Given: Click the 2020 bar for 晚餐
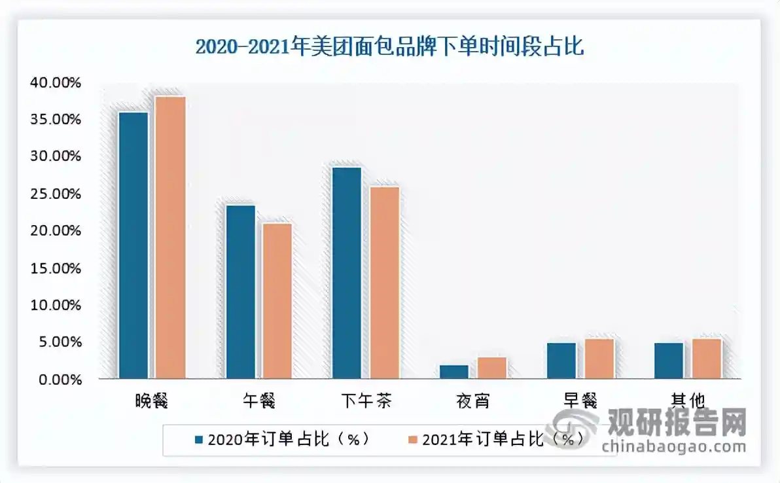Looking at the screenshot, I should point(133,245).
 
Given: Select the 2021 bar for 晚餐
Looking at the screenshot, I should point(170,238).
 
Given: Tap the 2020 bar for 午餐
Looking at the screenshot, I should point(240,292).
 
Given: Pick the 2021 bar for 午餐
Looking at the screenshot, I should point(277,301).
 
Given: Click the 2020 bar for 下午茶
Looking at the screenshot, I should point(347,273).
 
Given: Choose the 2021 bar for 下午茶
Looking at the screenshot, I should point(384,283).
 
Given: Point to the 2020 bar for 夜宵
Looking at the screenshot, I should point(453,372).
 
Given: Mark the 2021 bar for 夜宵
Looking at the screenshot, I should point(491,368).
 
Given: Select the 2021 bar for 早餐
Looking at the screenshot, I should point(599,359).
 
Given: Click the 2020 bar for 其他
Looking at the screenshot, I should point(668,361).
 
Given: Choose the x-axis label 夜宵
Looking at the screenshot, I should point(472,401).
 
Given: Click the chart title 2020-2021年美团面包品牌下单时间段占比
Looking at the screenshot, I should point(389,48).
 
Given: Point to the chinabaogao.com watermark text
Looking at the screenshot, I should point(674,447).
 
